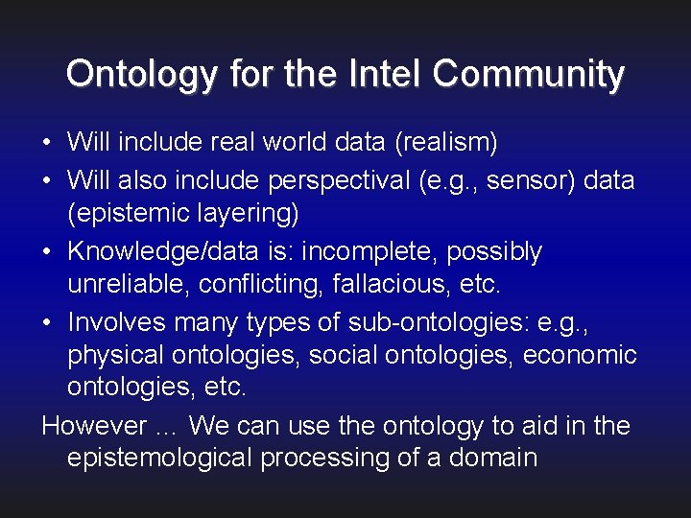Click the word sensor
[529, 180]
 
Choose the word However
[95, 425]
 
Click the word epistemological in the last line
[159, 458]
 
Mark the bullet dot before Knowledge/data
[47, 253]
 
